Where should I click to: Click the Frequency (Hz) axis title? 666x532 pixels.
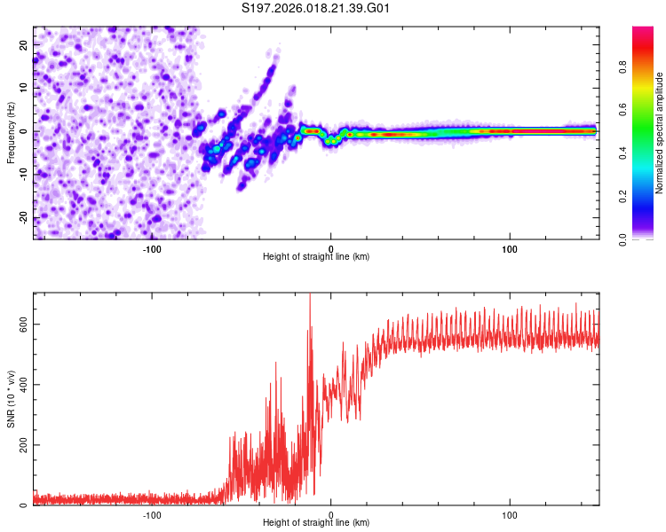pyautogui.click(x=11, y=131)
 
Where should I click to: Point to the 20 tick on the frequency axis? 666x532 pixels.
pyautogui.click(x=24, y=44)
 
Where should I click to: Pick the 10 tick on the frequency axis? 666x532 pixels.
pyautogui.click(x=24, y=88)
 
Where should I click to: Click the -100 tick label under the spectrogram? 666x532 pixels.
pyautogui.click(x=151, y=249)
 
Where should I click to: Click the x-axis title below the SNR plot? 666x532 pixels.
pyautogui.click(x=316, y=523)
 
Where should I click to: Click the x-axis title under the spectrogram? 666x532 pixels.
pyautogui.click(x=316, y=257)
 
